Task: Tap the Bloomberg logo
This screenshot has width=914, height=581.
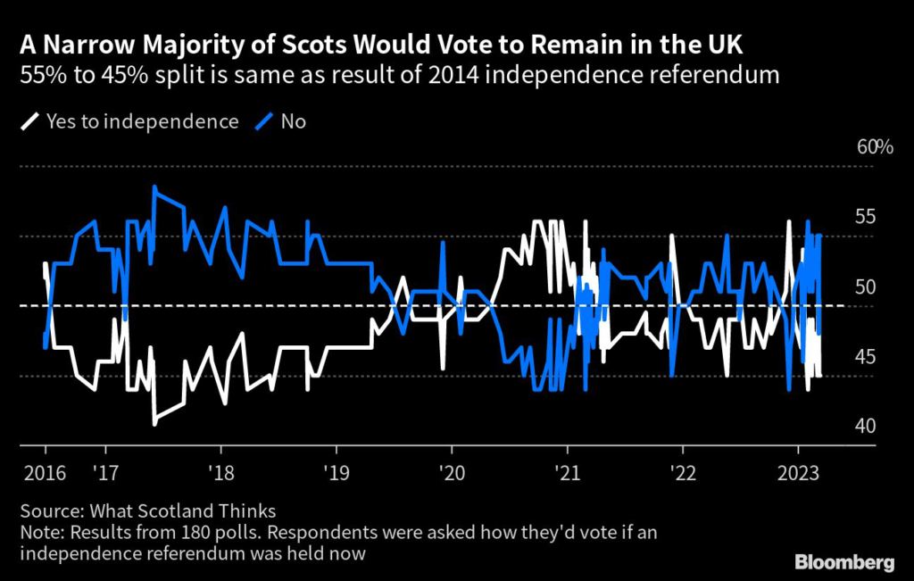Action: (844, 562)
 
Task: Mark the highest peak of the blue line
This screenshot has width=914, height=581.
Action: (154, 187)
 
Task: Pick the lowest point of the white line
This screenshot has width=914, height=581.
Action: (154, 424)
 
